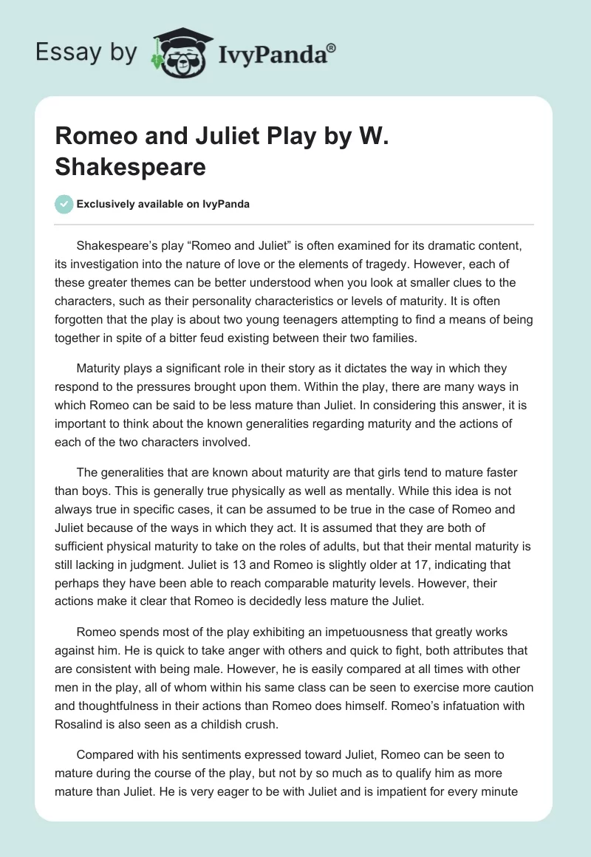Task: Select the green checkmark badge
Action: coord(64,204)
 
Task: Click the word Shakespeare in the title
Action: coord(131,167)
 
